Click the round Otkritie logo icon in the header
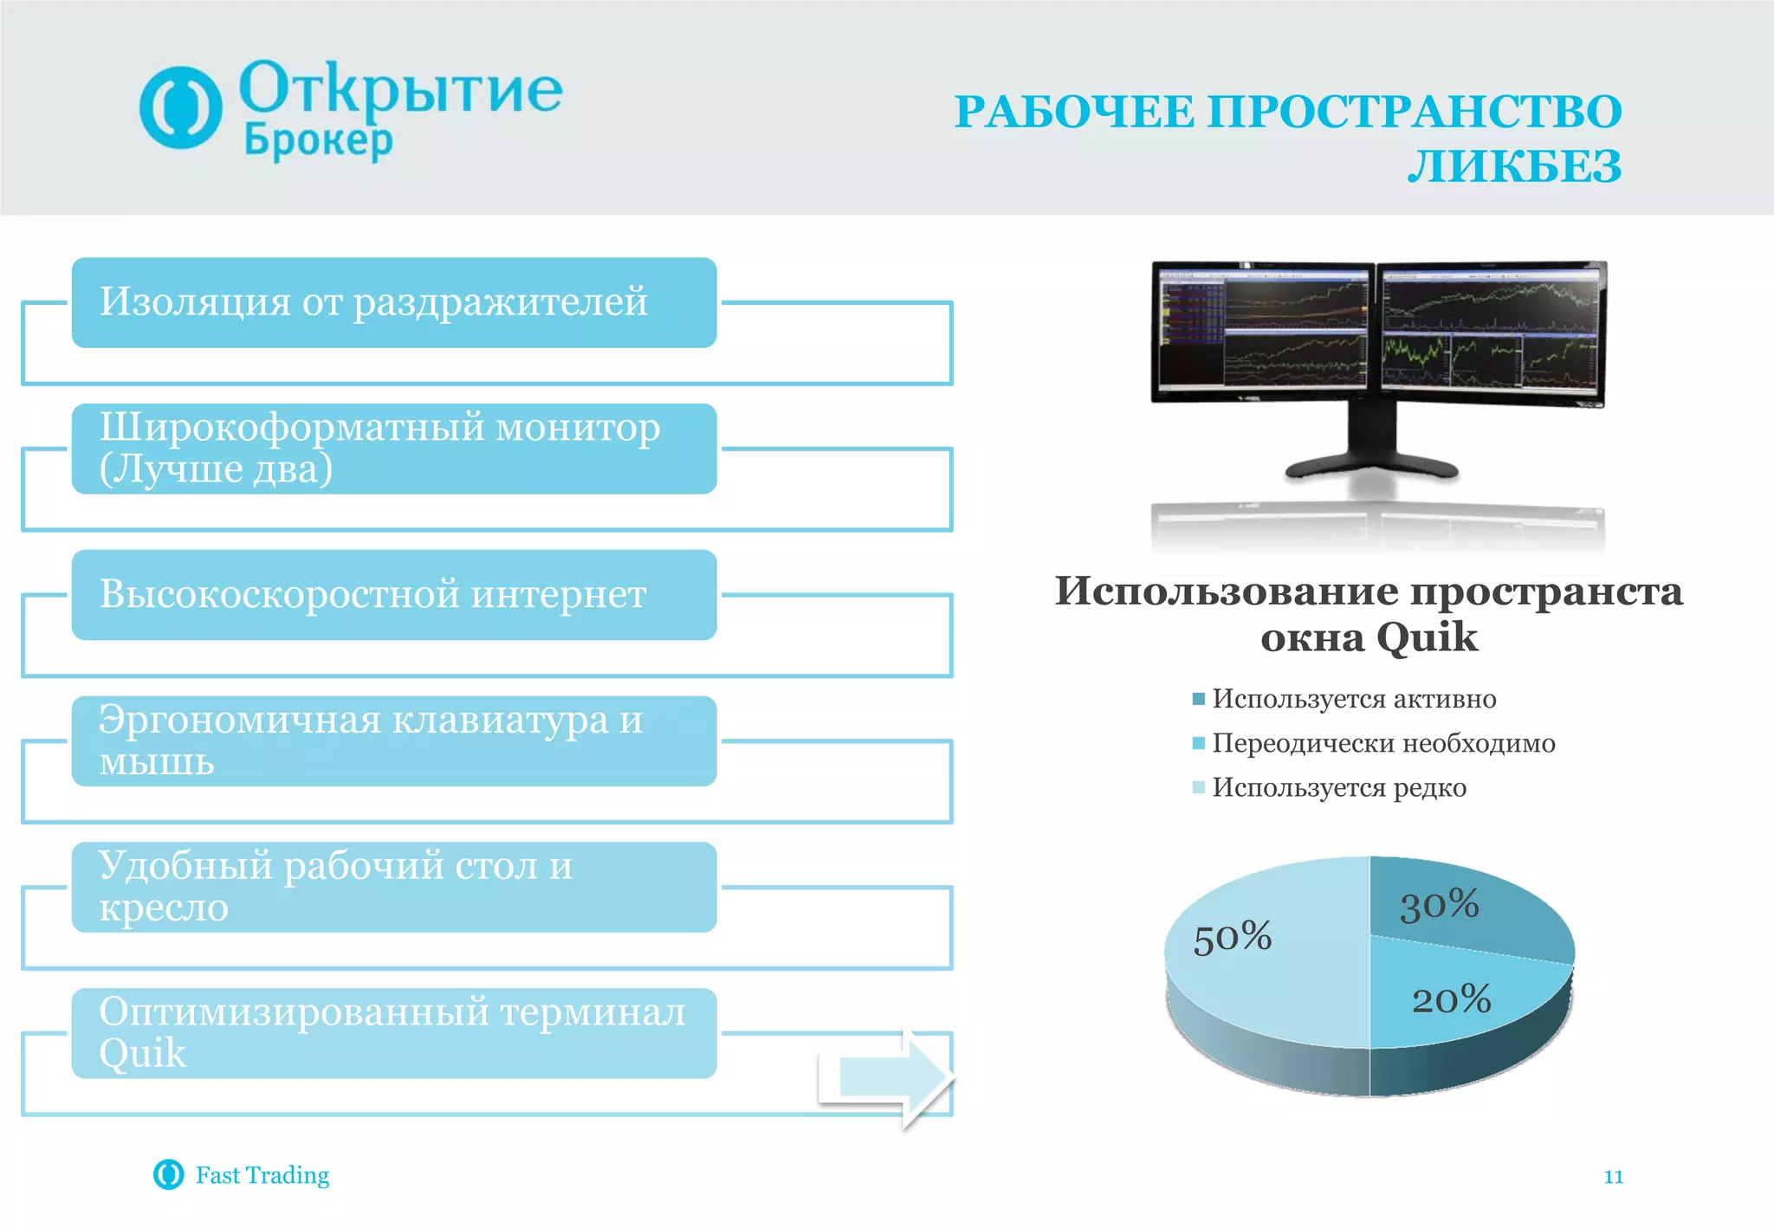180,107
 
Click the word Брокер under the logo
318,140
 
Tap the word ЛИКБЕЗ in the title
1513,166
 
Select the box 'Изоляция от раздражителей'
393,302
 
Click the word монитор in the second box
578,428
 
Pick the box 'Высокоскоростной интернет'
393,595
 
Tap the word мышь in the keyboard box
157,762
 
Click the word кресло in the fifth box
164,908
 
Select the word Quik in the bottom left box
142,1054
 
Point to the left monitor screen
1263,330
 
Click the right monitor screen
1489,331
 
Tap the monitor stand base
1372,468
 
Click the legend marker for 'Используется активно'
1199,699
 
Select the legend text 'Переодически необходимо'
1382,743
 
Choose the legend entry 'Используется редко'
1338,787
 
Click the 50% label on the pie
1232,937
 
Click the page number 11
1613,1176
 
